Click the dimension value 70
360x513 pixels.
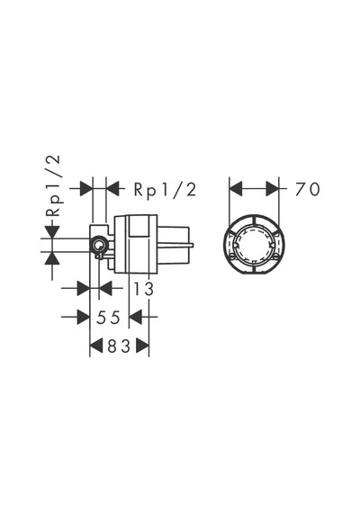(x=307, y=189)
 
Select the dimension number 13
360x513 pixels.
(x=143, y=289)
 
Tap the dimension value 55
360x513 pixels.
(x=108, y=317)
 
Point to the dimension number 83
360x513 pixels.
(x=119, y=346)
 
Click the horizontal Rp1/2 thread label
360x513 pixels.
(x=165, y=189)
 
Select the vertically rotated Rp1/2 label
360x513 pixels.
(x=53, y=185)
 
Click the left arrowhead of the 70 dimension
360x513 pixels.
(x=236, y=189)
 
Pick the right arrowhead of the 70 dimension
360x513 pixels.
(x=273, y=189)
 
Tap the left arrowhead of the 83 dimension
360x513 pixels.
(x=96, y=346)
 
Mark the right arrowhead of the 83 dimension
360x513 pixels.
(x=143, y=346)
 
